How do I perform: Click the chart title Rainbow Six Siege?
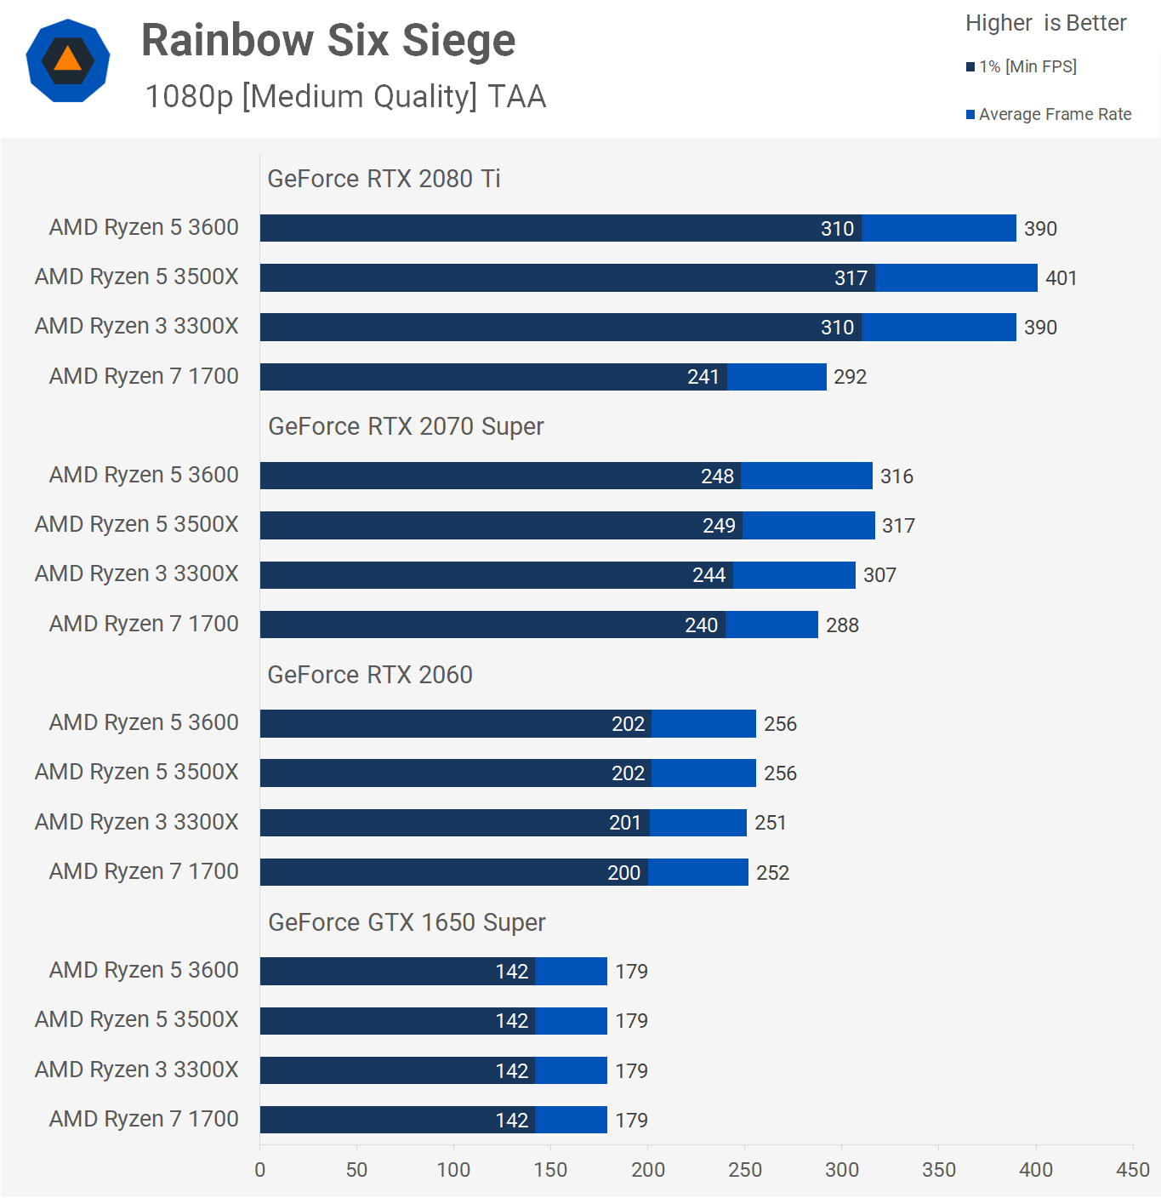[328, 41]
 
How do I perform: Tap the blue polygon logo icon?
[68, 60]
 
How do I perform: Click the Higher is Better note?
[1045, 23]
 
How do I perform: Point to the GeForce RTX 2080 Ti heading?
[384, 179]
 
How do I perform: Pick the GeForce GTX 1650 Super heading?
[407, 922]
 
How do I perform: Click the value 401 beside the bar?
[1061, 278]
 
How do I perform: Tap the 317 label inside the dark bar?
[851, 278]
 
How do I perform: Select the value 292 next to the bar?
[850, 377]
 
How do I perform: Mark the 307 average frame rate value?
[879, 575]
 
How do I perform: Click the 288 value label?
[842, 625]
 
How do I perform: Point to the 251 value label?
[770, 823]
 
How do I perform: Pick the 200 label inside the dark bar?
[623, 873]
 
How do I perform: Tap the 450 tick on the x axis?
[1132, 1170]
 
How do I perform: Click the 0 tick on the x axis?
[260, 1170]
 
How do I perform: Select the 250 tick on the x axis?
[745, 1170]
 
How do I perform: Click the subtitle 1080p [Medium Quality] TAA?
[345, 97]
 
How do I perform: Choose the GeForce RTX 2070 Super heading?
[406, 426]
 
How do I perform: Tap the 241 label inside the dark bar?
[703, 377]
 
